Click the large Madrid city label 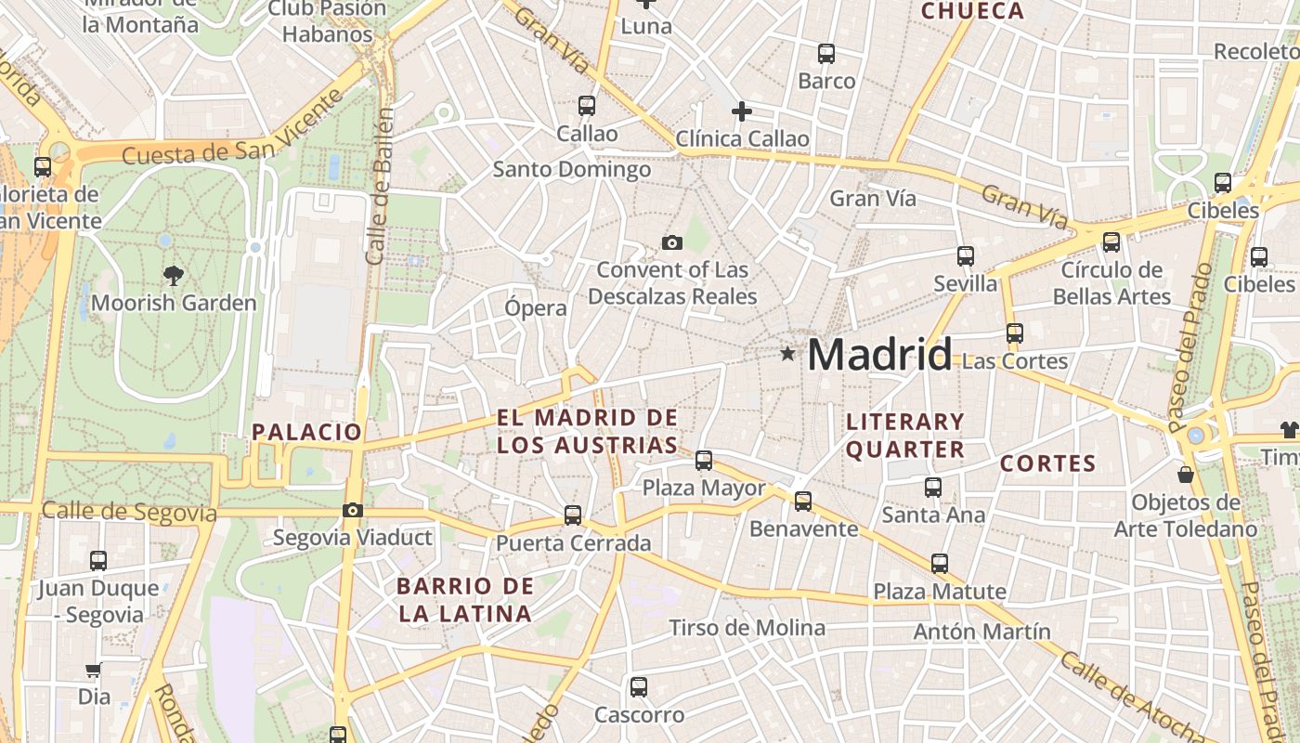point(879,355)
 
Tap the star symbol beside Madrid point(788,354)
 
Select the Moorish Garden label point(174,303)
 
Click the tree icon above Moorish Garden point(173,275)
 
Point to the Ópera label point(536,308)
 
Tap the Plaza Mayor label point(704,488)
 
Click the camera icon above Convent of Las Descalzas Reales point(672,243)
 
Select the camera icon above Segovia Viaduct point(352,510)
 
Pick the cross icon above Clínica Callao point(742,112)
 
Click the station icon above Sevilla point(966,256)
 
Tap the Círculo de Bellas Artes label point(1111,283)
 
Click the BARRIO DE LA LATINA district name point(465,599)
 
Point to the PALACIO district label point(306,432)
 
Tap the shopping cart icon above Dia point(93,670)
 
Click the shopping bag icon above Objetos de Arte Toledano point(1186,476)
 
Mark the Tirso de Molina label point(747,628)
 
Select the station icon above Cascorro point(639,687)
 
